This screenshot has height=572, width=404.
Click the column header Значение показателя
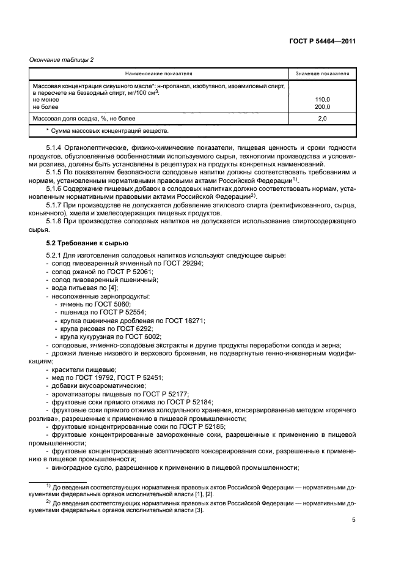(x=322, y=73)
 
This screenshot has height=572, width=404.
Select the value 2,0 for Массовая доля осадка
(x=322, y=118)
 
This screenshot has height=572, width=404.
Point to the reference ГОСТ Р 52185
(x=206, y=426)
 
